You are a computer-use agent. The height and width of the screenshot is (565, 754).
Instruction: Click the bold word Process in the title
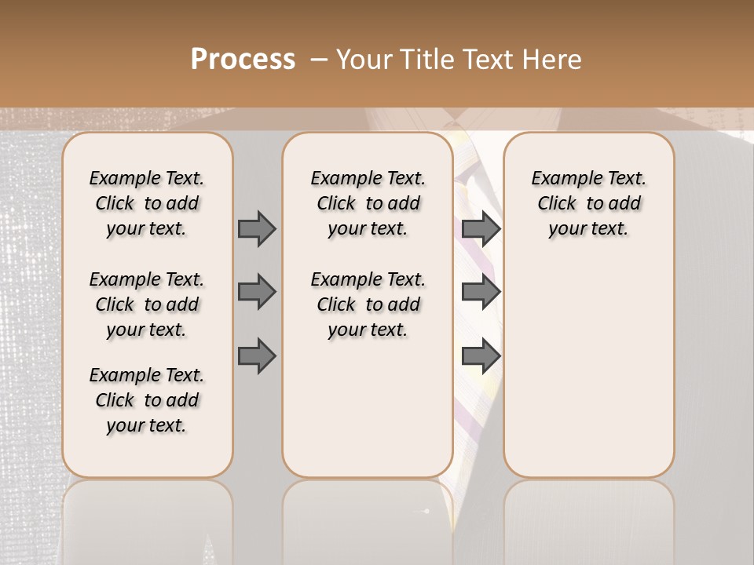coord(243,60)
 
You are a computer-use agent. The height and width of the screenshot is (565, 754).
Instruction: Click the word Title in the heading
coord(430,60)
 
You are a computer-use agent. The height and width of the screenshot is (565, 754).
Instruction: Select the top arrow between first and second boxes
coord(257,228)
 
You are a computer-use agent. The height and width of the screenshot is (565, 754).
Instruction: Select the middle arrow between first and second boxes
coord(257,292)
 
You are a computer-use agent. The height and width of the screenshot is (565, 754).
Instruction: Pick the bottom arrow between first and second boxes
coord(257,356)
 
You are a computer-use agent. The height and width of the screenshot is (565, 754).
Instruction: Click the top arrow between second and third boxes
coord(481,228)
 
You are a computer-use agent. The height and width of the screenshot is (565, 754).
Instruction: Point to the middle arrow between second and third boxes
coord(481,292)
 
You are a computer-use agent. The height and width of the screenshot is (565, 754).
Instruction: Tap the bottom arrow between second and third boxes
coord(481,356)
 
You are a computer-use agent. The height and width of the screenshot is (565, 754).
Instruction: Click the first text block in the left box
coord(147,203)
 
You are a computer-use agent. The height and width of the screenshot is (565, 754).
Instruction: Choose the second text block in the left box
coord(147,304)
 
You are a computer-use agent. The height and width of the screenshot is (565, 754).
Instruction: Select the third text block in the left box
coord(147,400)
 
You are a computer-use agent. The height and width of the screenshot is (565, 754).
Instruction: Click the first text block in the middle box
coord(368,203)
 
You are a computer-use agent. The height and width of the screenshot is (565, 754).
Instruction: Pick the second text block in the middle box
coord(368,304)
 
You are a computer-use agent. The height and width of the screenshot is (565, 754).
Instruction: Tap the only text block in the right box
coord(588,203)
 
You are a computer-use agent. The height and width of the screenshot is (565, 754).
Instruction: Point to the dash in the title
coord(319,60)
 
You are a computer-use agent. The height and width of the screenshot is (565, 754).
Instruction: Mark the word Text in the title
coord(490,60)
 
